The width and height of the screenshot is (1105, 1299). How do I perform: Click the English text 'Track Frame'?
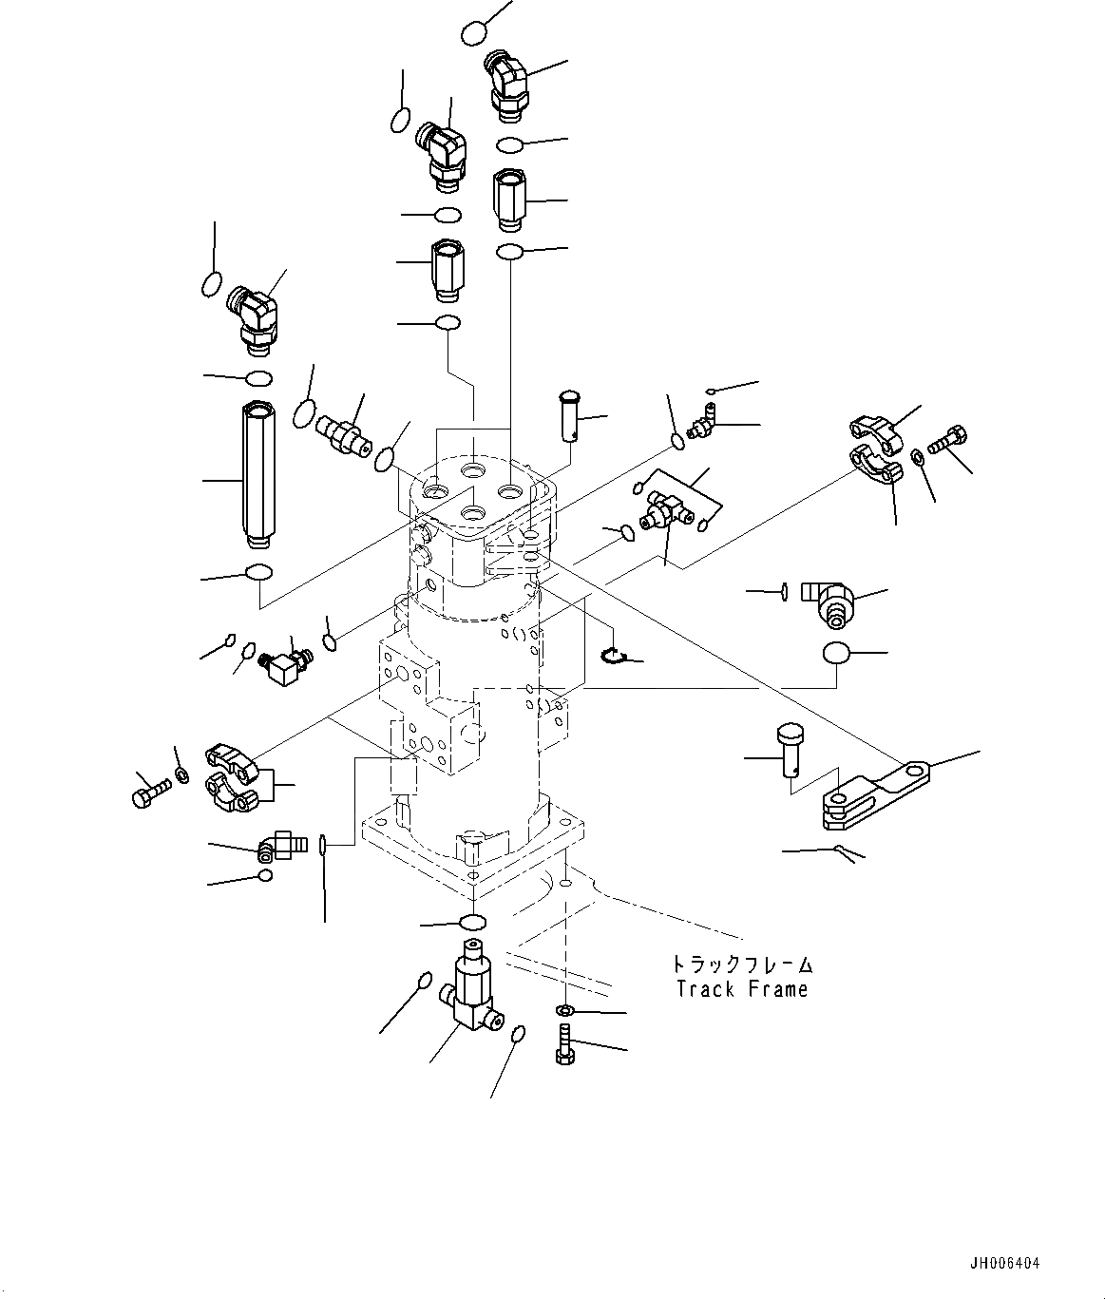(x=741, y=989)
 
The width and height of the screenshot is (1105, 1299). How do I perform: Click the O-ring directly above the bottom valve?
(x=472, y=921)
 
